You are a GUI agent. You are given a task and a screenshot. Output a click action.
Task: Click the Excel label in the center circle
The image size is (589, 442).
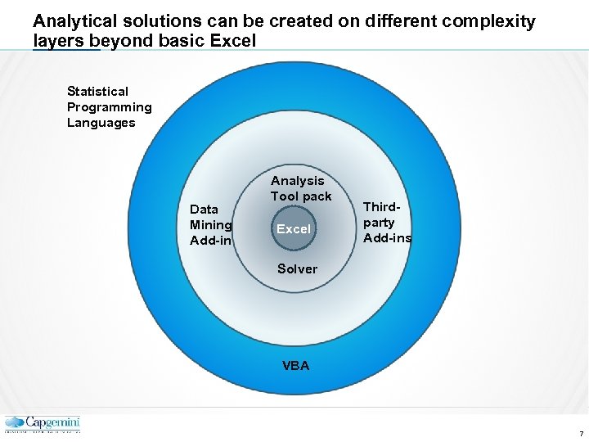293,229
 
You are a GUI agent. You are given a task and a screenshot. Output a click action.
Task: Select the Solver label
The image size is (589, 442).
297,268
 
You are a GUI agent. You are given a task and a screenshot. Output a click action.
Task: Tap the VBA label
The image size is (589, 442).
295,366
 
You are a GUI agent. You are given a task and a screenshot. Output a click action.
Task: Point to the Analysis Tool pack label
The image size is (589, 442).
300,188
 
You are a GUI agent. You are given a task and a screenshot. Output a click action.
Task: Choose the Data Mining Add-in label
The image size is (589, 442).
210,225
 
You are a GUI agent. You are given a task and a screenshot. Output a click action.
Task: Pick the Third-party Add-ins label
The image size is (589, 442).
387,223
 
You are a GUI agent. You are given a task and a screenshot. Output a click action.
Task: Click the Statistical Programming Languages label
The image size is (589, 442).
109,107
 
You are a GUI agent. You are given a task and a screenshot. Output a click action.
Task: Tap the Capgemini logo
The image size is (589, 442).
43,424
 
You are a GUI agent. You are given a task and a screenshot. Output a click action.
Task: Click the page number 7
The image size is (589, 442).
580,433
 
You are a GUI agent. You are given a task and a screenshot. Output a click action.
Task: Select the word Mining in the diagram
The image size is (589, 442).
210,225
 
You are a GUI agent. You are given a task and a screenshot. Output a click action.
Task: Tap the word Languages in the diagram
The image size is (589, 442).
101,123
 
